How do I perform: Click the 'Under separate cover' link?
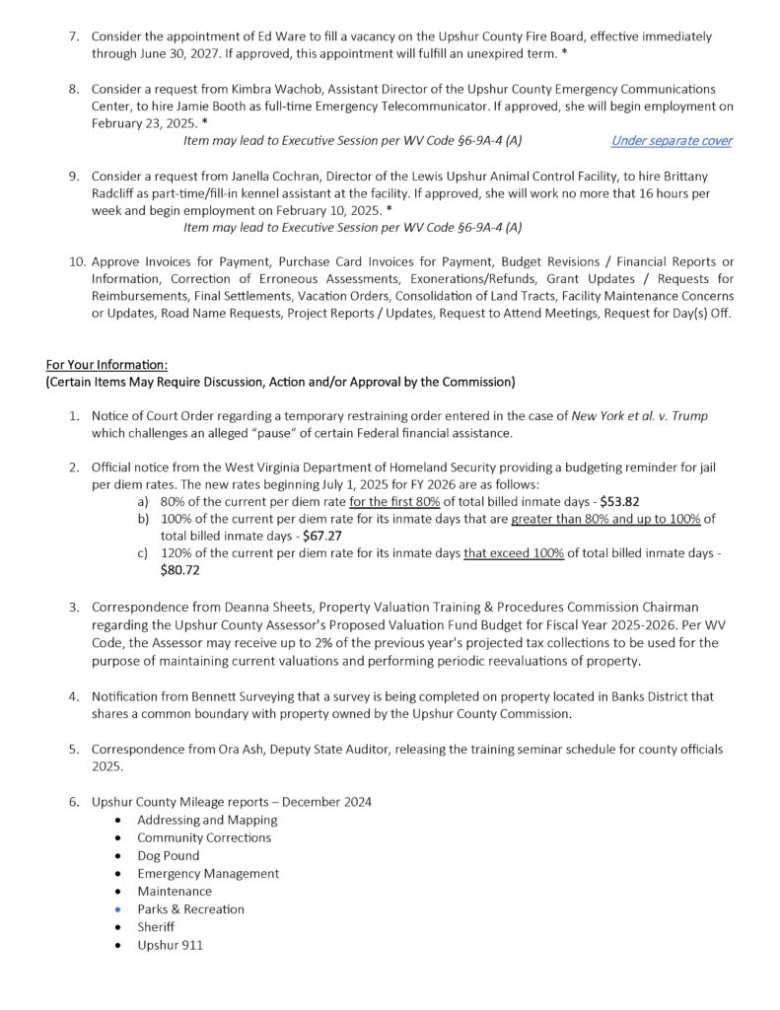click(671, 141)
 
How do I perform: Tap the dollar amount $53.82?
click(621, 501)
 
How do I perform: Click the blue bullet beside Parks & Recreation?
click(119, 909)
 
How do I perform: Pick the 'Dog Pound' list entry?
click(168, 856)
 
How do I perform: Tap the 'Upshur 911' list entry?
click(170, 945)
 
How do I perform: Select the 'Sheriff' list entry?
click(157, 927)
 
